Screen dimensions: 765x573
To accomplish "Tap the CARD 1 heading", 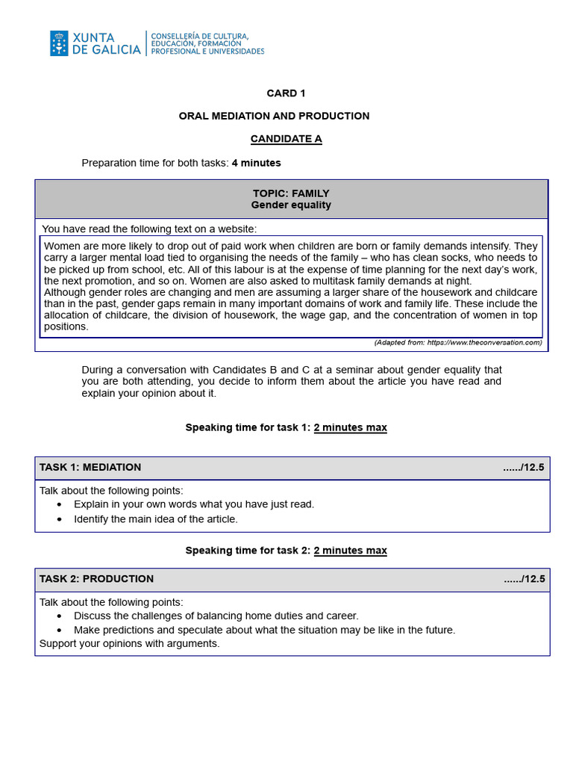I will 286,93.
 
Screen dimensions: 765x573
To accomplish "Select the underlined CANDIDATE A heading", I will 286,139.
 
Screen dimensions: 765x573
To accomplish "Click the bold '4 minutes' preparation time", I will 256,163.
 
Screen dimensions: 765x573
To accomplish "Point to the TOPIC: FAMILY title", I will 291,193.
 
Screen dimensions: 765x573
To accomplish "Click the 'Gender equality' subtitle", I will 291,205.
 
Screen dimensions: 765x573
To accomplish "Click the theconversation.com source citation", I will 457,343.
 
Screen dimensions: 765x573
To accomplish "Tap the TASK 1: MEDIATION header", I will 90,468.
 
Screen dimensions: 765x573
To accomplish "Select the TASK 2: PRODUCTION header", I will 96,579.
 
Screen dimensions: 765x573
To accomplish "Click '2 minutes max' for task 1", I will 350,428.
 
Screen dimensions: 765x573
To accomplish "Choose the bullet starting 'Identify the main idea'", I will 155,519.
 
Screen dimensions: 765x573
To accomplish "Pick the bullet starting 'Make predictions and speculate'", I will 264,630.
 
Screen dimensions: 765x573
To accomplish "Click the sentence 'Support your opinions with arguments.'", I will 129,643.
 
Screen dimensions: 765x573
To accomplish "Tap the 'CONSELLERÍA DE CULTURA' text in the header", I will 200,36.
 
